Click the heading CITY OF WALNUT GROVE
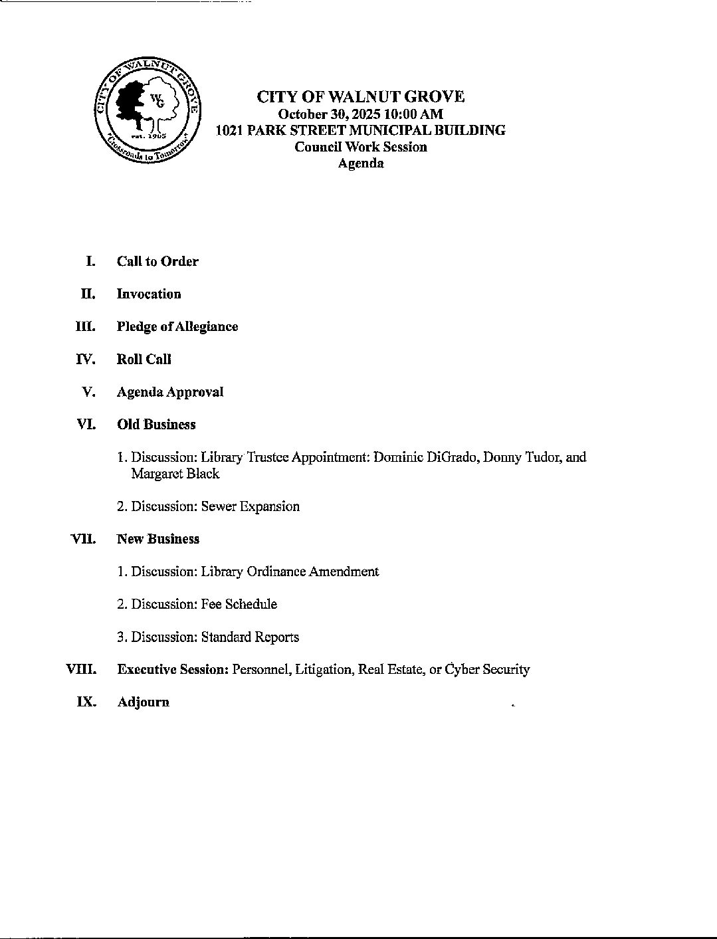coord(360,97)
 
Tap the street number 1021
coord(229,130)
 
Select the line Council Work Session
coord(360,147)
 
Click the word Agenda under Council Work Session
coord(360,163)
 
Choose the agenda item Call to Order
coord(157,261)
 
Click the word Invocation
coord(149,294)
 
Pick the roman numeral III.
coord(86,326)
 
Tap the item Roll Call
coord(144,359)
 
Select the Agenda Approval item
coord(169,392)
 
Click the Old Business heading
coord(156,425)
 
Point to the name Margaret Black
coord(175,474)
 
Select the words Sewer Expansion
coord(250,506)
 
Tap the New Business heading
coord(157,539)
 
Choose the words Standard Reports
coord(250,637)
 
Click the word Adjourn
coord(143,702)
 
